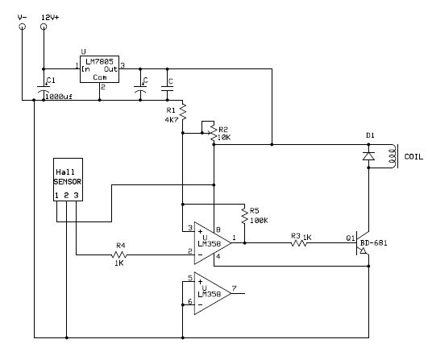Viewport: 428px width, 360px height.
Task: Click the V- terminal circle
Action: tap(23, 27)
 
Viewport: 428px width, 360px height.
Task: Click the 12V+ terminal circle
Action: tap(44, 27)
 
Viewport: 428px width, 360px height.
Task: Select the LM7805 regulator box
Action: tap(99, 69)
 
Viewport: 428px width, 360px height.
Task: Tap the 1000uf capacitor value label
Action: tap(59, 97)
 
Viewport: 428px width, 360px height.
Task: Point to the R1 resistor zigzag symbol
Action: tap(183, 111)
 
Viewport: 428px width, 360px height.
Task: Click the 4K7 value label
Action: tap(172, 120)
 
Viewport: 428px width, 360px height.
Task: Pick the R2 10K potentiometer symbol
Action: tap(214, 134)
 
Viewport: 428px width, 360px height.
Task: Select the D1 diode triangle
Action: tap(368, 156)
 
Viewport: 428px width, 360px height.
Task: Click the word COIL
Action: tap(413, 157)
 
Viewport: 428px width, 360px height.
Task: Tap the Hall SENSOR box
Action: tap(68, 180)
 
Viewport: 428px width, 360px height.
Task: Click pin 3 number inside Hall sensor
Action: tap(76, 195)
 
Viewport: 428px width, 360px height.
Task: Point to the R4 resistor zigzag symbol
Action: tap(119, 255)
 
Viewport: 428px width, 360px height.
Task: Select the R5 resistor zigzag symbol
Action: tap(244, 216)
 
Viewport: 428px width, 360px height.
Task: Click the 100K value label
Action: tap(259, 221)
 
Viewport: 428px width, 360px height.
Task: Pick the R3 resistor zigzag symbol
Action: tap(299, 242)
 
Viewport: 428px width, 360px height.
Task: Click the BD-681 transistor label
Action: tap(374, 243)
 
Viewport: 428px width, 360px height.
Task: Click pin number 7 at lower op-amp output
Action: tap(235, 288)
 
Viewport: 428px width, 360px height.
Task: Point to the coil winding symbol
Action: tap(393, 156)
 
